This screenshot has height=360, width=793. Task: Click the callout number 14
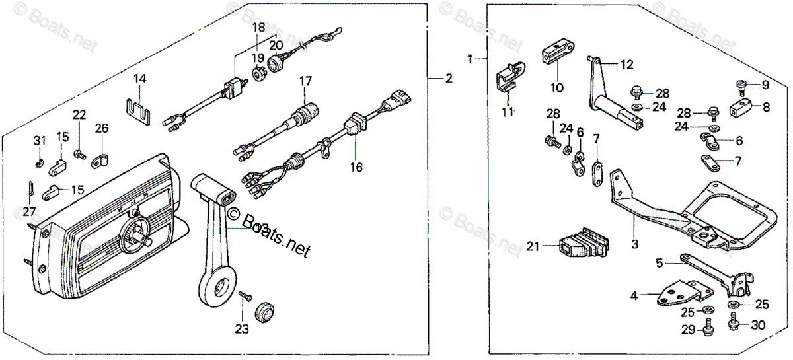[139, 79]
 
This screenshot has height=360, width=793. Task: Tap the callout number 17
[305, 81]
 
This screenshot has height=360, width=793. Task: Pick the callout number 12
[626, 65]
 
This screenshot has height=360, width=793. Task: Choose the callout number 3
[634, 245]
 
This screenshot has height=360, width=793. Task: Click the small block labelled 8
[741, 108]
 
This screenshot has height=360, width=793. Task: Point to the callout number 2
[449, 79]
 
